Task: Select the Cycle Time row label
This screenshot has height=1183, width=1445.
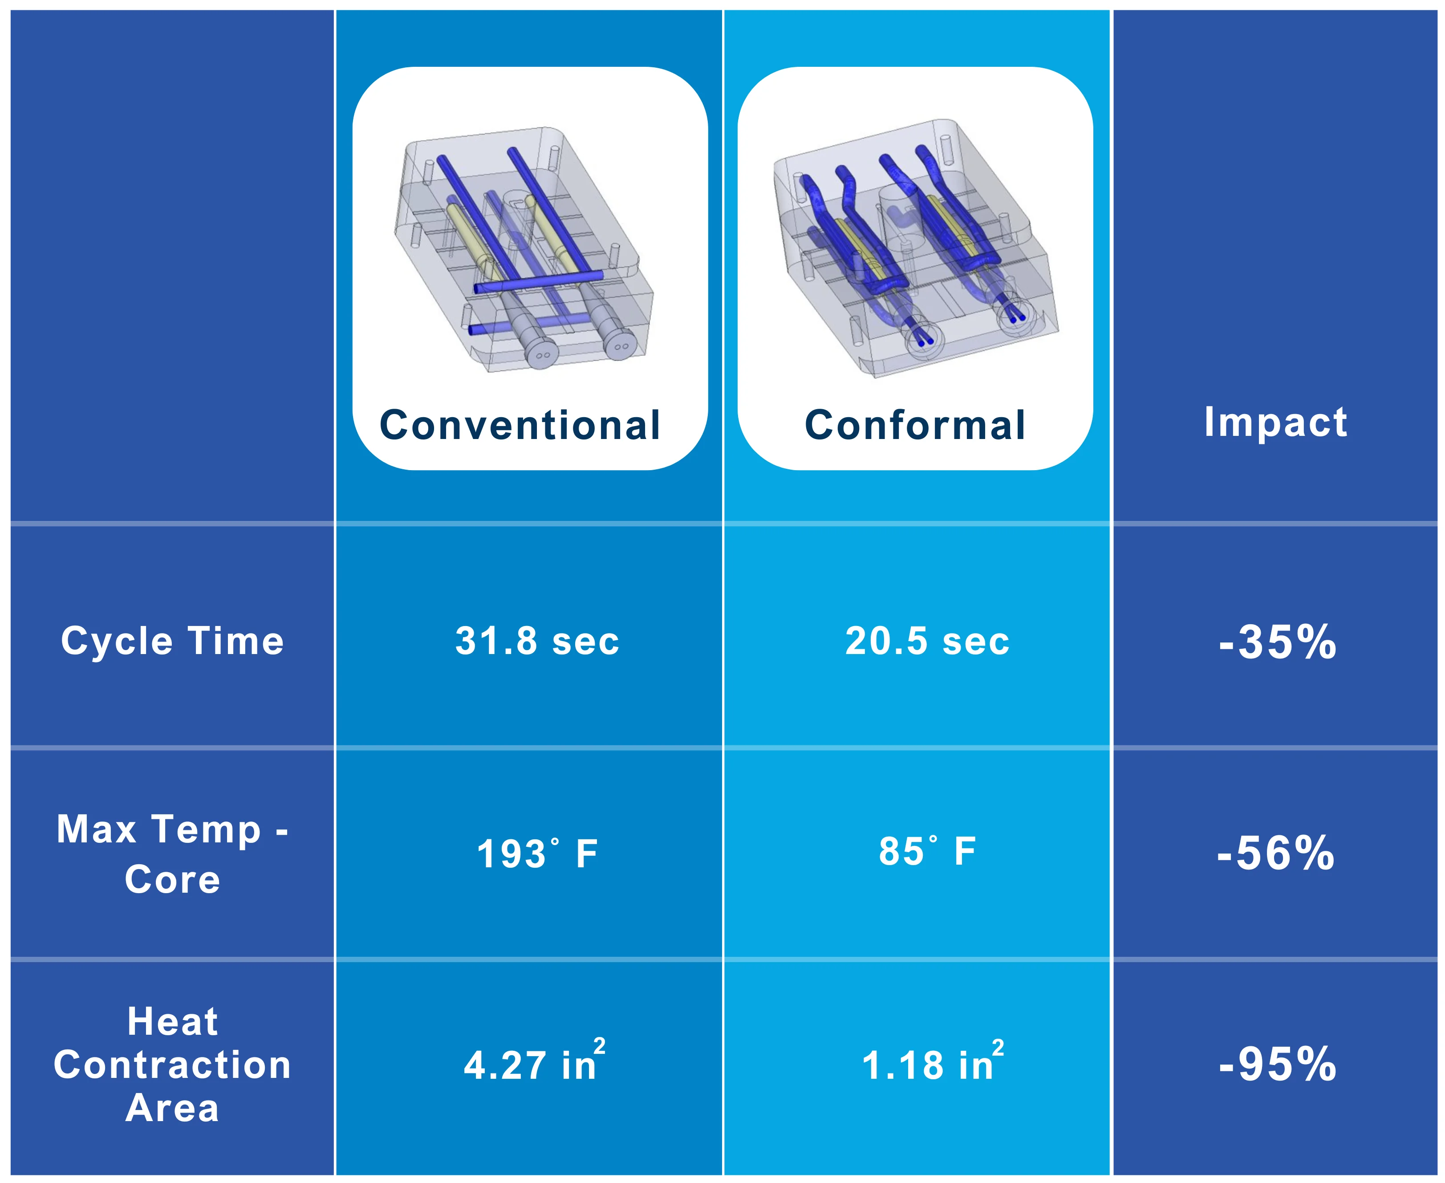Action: coord(172,641)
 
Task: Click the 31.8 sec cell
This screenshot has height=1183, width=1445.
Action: coord(537,641)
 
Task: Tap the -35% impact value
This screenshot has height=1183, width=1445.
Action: coord(1278,642)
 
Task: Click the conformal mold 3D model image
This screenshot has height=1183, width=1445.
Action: coord(915,249)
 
